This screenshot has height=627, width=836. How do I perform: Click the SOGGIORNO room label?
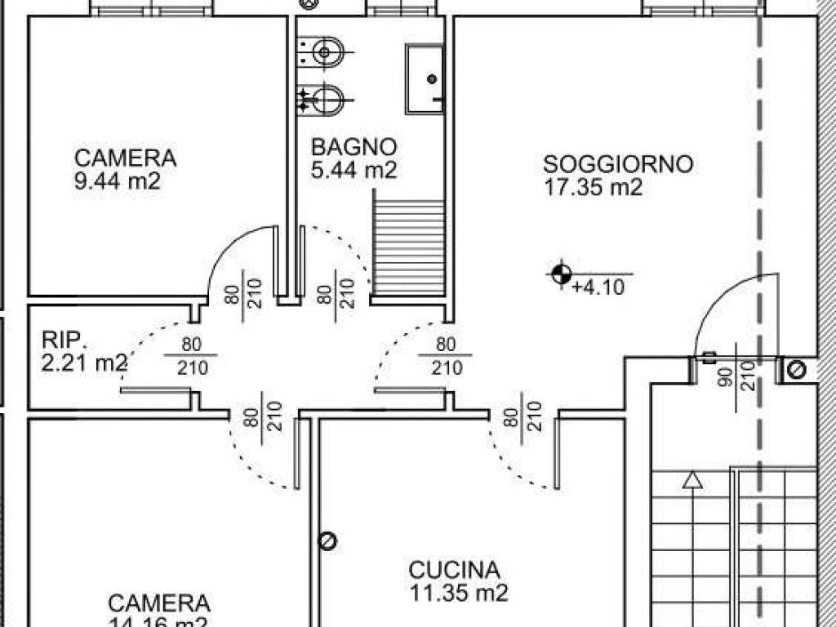618,164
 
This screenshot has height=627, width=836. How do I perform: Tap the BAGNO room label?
354,148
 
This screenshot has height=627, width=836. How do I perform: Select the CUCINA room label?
454,569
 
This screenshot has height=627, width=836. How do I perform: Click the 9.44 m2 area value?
117,181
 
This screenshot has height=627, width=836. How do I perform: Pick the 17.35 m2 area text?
594,188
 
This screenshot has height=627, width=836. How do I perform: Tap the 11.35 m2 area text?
458,593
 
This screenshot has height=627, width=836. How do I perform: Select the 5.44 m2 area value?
354,171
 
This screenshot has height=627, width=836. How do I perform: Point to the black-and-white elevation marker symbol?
561,274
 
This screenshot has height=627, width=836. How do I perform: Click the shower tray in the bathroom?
425,79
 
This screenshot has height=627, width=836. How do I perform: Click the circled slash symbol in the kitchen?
328,540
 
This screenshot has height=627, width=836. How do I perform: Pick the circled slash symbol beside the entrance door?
797,371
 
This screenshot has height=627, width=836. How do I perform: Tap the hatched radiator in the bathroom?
407,242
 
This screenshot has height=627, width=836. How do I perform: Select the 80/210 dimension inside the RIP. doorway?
191,356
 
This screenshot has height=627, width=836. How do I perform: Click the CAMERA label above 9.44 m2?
125,158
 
